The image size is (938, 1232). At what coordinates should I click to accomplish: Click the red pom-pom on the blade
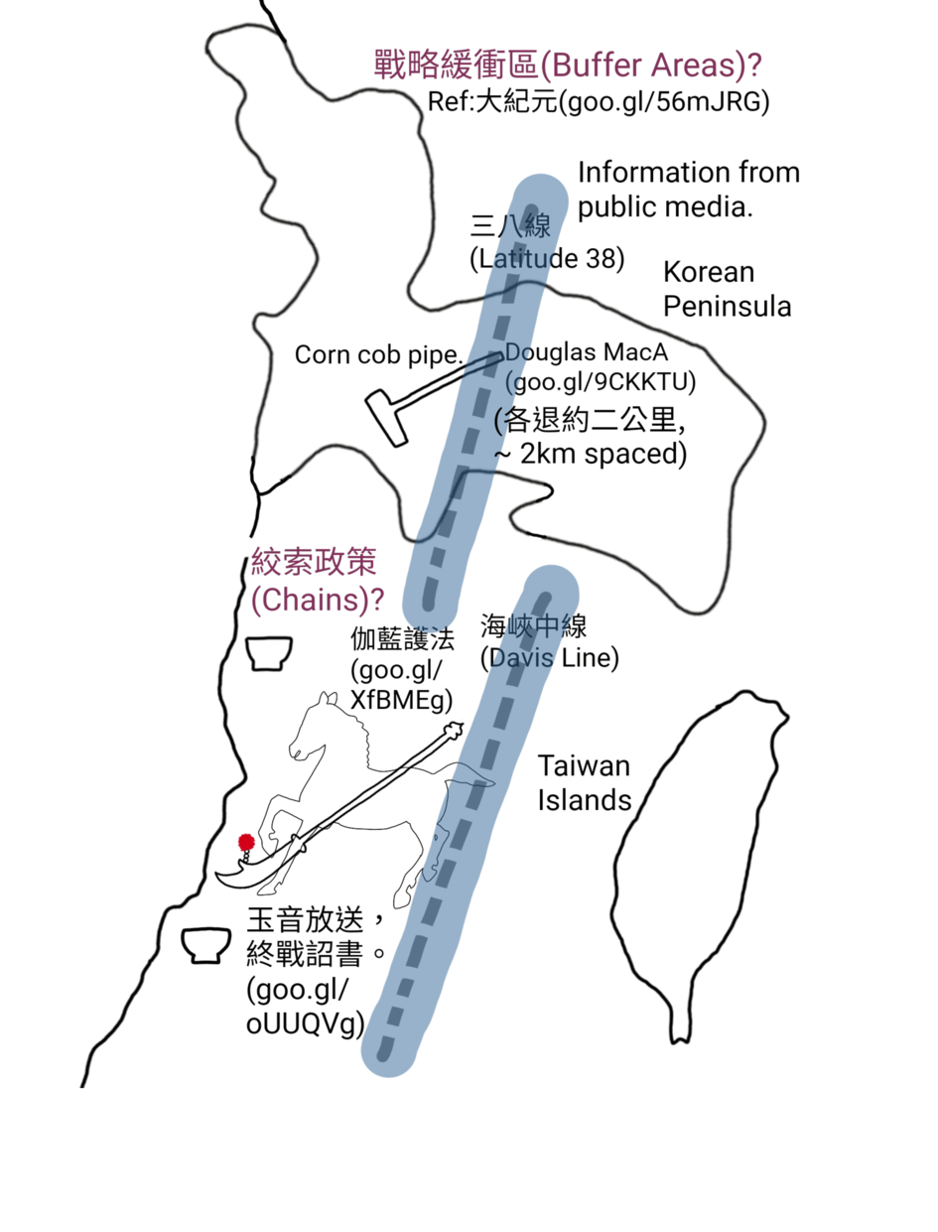[x=246, y=842]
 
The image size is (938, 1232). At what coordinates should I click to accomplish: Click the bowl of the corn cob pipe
[x=386, y=418]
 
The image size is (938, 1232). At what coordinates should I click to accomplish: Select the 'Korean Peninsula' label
[x=727, y=289]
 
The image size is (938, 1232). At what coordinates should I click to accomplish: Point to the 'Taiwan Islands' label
[x=584, y=783]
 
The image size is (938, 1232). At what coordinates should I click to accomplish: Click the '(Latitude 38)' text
[x=547, y=259]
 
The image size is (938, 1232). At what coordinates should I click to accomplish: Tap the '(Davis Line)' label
[x=549, y=657]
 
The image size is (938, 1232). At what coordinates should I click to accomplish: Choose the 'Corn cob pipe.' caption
[x=379, y=354]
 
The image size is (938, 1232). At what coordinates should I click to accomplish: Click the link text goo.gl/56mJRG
[x=664, y=101]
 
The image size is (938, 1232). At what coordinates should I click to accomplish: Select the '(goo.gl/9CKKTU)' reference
[x=601, y=382]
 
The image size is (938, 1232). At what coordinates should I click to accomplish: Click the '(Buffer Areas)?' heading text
[x=650, y=65]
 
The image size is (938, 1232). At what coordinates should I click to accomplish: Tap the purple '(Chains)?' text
[x=318, y=600]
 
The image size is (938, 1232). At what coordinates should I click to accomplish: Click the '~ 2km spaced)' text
[x=591, y=454]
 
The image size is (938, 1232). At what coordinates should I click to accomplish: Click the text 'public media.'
[x=665, y=207]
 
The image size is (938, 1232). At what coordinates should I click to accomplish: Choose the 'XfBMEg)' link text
[x=402, y=700]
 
